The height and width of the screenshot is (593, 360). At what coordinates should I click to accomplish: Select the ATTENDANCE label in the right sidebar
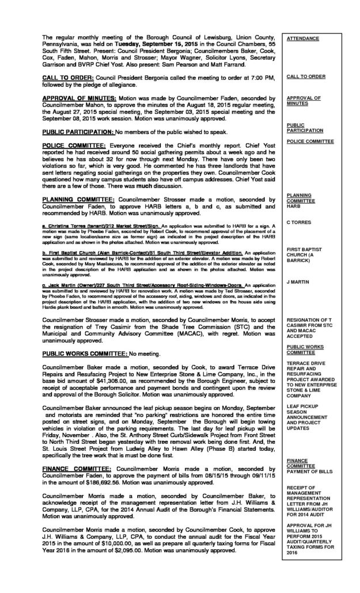(303, 38)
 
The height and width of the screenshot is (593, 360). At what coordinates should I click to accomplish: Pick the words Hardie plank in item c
(55, 299)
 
